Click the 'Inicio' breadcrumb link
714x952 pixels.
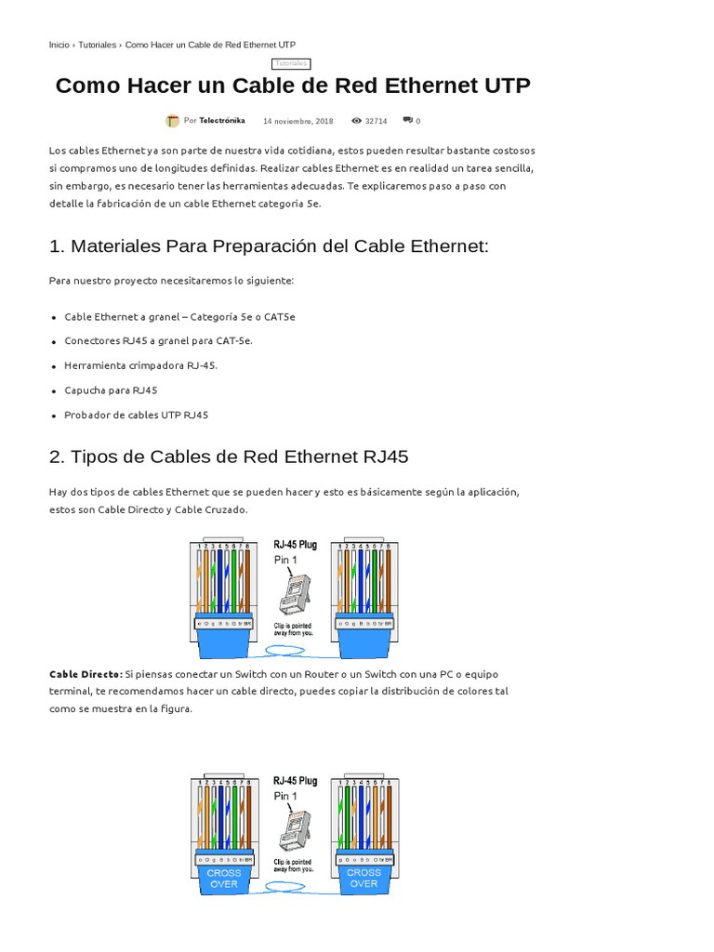[x=59, y=45]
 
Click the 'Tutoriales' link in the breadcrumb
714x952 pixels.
[x=98, y=45]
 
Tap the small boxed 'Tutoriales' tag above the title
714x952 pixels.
[x=291, y=63]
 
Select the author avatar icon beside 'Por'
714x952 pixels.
[x=173, y=121]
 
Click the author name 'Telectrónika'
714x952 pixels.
[x=222, y=121]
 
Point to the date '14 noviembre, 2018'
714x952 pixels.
[x=297, y=121]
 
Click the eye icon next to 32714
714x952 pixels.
[x=356, y=121]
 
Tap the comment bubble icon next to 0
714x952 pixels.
[x=407, y=121]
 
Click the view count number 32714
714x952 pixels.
[x=376, y=121]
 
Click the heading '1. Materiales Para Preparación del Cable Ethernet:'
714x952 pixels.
[x=269, y=246]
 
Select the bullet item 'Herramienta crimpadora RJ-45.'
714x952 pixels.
[x=140, y=365]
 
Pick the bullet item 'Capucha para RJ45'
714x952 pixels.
[x=111, y=390]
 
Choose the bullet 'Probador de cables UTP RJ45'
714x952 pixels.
[x=136, y=415]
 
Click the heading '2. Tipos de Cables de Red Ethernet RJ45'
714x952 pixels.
[x=229, y=456]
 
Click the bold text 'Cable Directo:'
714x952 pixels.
[x=86, y=673]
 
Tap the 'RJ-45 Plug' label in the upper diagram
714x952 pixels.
[x=295, y=545]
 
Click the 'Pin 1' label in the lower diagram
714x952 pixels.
[x=285, y=797]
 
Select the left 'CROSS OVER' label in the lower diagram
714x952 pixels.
[x=223, y=878]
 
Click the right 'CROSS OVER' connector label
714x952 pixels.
[x=364, y=878]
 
